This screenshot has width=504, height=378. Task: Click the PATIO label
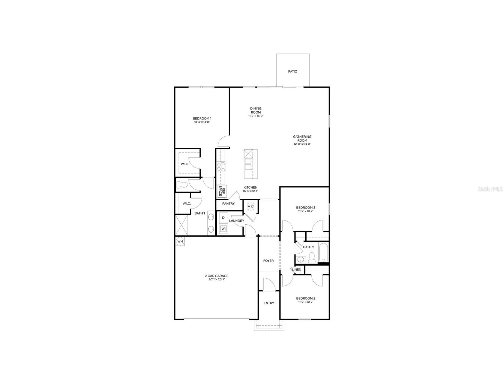tap(293, 72)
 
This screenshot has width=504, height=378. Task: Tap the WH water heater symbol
tap(180, 242)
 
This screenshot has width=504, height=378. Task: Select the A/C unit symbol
tap(251, 206)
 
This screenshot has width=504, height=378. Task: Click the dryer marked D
tap(223, 218)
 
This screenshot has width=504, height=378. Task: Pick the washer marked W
tap(223, 228)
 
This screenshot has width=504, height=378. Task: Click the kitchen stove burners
tap(221, 167)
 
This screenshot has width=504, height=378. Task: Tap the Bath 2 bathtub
tap(324, 252)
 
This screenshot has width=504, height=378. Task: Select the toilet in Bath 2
tap(311, 257)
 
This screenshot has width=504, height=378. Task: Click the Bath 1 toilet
tap(181, 185)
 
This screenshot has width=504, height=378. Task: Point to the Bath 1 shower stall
tap(182, 225)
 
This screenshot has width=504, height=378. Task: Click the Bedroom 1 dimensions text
tap(202, 122)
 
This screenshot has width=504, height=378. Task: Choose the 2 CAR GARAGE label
tap(217, 276)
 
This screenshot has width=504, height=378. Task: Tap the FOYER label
tap(269, 261)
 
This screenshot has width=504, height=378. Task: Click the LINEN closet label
tap(297, 270)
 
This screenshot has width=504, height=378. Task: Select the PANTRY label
tap(228, 204)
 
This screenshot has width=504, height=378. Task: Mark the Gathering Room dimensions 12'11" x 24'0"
tap(302, 144)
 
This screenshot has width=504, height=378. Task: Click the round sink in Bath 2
tap(300, 259)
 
